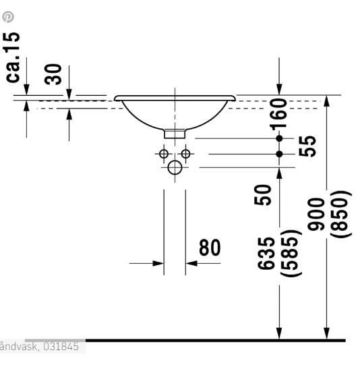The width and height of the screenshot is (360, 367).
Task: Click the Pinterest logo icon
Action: [8, 17]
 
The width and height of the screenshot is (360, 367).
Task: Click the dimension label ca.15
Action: [13, 57]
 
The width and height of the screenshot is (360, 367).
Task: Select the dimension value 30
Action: [53, 74]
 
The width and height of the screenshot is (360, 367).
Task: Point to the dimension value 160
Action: [278, 114]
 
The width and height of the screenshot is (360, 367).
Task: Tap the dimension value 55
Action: [307, 146]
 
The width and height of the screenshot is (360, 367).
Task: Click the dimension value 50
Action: [263, 195]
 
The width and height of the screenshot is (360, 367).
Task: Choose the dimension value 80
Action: [210, 248]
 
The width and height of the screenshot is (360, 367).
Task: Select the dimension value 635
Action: [266, 253]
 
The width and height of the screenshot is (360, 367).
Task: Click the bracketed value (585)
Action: [291, 253]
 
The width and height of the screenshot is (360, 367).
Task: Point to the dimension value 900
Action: [316, 214]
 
